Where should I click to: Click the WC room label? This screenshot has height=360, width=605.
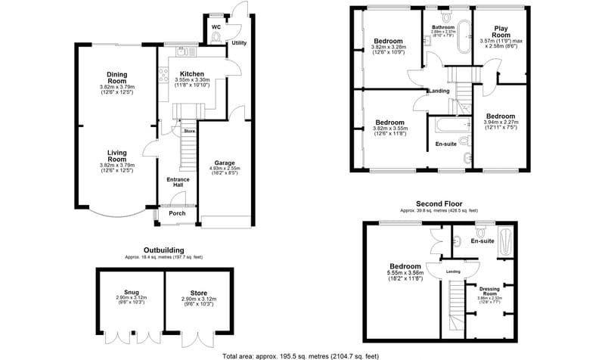click(x=216, y=27)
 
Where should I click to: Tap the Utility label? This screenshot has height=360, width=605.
click(x=239, y=43)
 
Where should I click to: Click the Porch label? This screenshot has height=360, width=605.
click(x=177, y=213)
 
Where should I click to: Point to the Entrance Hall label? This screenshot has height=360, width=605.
click(x=177, y=182)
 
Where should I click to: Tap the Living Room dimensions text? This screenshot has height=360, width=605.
click(x=116, y=168)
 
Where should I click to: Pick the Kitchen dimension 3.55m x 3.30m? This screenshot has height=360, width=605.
click(x=192, y=79)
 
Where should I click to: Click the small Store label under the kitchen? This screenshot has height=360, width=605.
click(x=189, y=131)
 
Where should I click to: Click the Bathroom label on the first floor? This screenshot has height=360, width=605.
click(x=442, y=27)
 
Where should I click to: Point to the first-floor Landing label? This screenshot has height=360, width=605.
click(x=439, y=92)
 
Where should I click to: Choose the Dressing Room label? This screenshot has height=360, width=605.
click(x=488, y=290)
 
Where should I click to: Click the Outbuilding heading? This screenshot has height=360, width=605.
click(x=164, y=250)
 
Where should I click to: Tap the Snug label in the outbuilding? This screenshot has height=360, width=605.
click(x=132, y=293)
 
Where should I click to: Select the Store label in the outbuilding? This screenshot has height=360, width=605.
click(x=199, y=293)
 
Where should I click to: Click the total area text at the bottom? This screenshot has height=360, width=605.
click(x=300, y=355)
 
